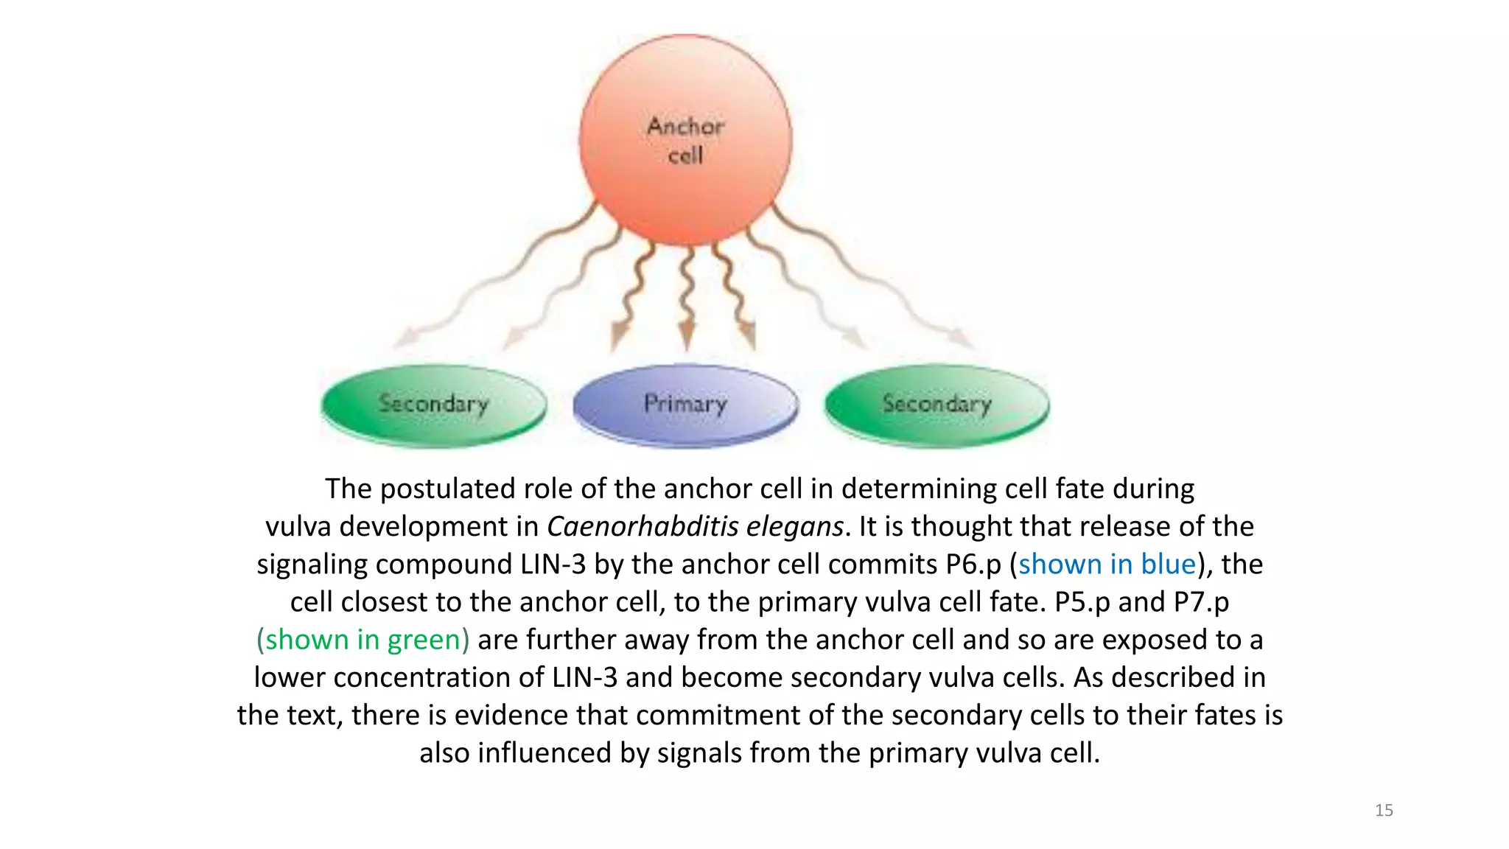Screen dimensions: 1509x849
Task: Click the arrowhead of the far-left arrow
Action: (403, 338)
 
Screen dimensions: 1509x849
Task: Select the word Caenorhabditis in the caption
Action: (643, 526)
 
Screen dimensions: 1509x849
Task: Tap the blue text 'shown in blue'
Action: (1107, 564)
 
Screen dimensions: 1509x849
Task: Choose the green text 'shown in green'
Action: (363, 640)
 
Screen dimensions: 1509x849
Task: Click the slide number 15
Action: (1384, 811)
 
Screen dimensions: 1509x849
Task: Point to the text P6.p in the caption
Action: (973, 564)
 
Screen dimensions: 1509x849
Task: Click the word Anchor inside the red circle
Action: (685, 127)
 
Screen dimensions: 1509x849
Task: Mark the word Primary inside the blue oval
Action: (685, 404)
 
